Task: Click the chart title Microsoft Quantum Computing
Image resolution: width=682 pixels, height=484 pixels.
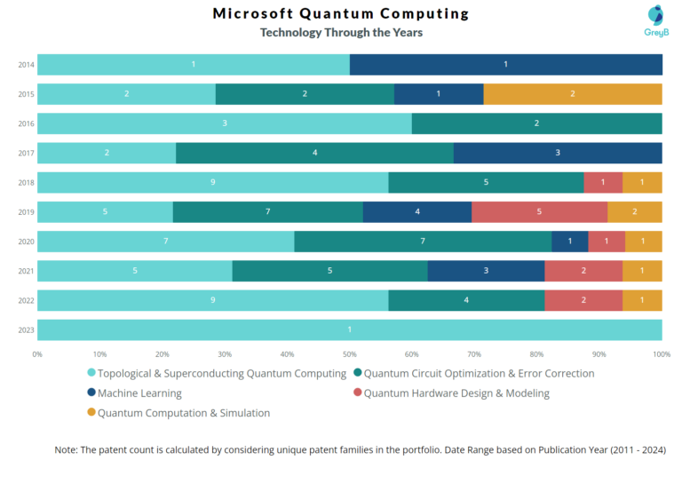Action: pyautogui.click(x=341, y=13)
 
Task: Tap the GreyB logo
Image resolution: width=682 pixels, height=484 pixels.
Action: pyautogui.click(x=655, y=21)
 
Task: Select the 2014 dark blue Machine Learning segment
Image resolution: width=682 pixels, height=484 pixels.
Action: pyautogui.click(x=505, y=65)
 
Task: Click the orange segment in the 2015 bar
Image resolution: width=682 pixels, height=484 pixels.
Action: pyautogui.click(x=572, y=94)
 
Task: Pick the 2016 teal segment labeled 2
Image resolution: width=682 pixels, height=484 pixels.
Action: pyautogui.click(x=536, y=123)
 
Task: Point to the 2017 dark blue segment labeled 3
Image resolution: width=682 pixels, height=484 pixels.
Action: pyautogui.click(x=557, y=153)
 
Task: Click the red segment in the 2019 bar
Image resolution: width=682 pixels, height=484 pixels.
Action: pyautogui.click(x=539, y=211)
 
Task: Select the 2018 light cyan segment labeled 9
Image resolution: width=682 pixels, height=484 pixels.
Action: pyautogui.click(x=212, y=182)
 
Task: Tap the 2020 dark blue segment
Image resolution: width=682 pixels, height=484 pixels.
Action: pyautogui.click(x=569, y=241)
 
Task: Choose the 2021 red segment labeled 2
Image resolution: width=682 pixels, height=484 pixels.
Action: pyautogui.click(x=583, y=270)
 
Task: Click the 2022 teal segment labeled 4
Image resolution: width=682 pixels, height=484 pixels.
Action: pyautogui.click(x=466, y=300)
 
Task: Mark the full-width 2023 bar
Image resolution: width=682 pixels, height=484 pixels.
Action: pyautogui.click(x=349, y=329)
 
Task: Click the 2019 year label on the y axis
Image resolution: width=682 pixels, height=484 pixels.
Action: pyautogui.click(x=26, y=212)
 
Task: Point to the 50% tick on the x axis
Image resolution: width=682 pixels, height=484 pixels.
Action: pyautogui.click(x=349, y=354)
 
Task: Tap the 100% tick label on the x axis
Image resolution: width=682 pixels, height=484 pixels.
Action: pyautogui.click(x=661, y=354)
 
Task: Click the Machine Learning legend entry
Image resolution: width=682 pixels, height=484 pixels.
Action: pyautogui.click(x=139, y=393)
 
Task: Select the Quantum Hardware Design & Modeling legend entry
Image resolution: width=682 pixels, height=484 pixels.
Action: pyautogui.click(x=456, y=393)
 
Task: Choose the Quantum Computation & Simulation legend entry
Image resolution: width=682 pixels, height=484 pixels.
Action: pyautogui.click(x=183, y=413)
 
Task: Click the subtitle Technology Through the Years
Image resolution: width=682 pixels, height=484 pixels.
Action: pyautogui.click(x=341, y=33)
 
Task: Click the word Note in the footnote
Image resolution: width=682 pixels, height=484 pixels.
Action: pyautogui.click(x=67, y=450)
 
